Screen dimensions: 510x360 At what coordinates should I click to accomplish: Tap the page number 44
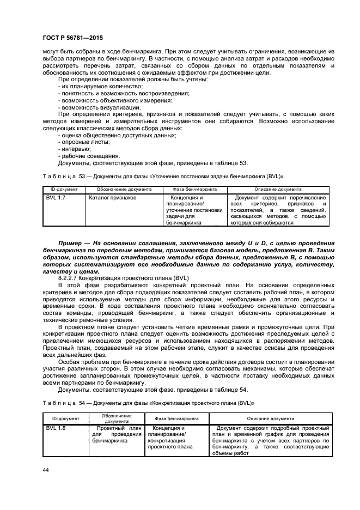click(x=45, y=469)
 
